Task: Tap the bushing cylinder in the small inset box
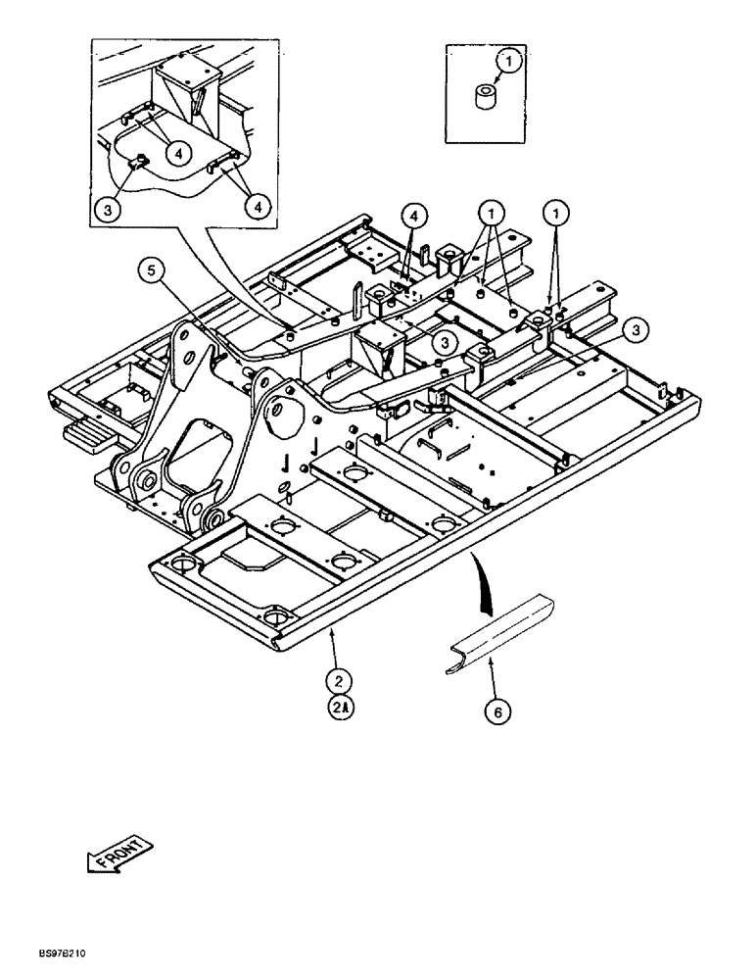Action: pyautogui.click(x=483, y=98)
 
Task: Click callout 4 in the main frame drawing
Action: pyautogui.click(x=414, y=215)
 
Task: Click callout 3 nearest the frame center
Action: pyautogui.click(x=444, y=342)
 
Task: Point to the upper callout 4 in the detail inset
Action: pyautogui.click(x=177, y=152)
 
